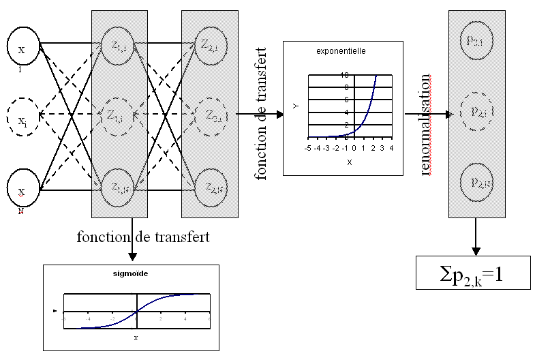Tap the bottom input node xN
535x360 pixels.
(x=23, y=190)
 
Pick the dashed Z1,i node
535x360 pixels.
(x=119, y=115)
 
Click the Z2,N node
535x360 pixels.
(x=209, y=186)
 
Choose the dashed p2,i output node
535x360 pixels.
(x=476, y=110)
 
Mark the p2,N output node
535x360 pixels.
(x=476, y=180)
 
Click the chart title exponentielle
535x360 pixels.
(x=342, y=51)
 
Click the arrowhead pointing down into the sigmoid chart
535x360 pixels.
(x=132, y=256)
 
